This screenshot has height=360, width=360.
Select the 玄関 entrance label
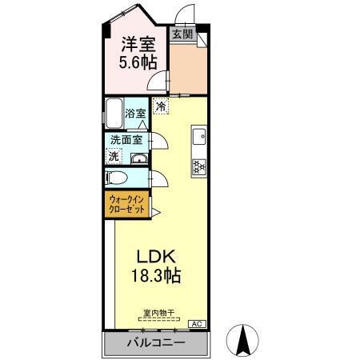click(182, 34)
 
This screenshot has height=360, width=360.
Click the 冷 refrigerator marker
click(161, 105)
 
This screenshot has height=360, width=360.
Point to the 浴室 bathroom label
click(135, 114)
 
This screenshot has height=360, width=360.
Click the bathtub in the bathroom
click(114, 113)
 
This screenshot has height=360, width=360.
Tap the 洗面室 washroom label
click(126, 139)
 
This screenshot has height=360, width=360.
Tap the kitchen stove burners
click(198, 166)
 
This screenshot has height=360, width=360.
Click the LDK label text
click(155, 258)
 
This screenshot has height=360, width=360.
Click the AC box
click(196, 324)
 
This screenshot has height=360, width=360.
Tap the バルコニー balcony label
click(156, 343)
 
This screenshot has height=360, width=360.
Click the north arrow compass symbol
click(243, 342)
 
